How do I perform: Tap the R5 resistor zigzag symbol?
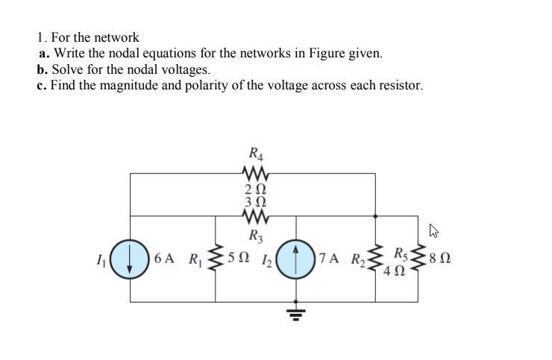pos(415,259)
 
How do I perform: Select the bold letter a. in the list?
pos(43,54)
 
